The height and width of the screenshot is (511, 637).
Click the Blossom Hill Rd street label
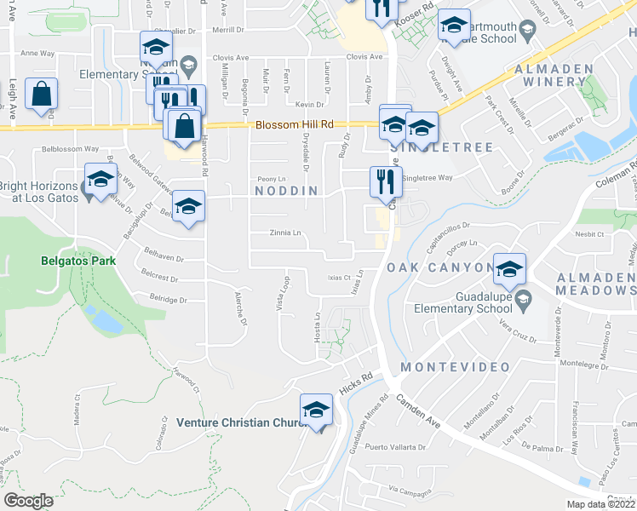pos(292,125)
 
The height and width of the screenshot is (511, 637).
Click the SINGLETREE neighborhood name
pos(442,147)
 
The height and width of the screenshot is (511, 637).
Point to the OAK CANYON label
pos(440,267)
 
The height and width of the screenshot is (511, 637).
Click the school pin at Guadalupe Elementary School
pos(509,271)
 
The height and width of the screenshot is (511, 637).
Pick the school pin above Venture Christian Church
pos(316,410)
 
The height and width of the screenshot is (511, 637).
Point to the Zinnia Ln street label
pos(285,233)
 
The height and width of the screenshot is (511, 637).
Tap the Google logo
pos(29,501)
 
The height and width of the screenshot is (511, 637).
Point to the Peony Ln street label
pos(272,179)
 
